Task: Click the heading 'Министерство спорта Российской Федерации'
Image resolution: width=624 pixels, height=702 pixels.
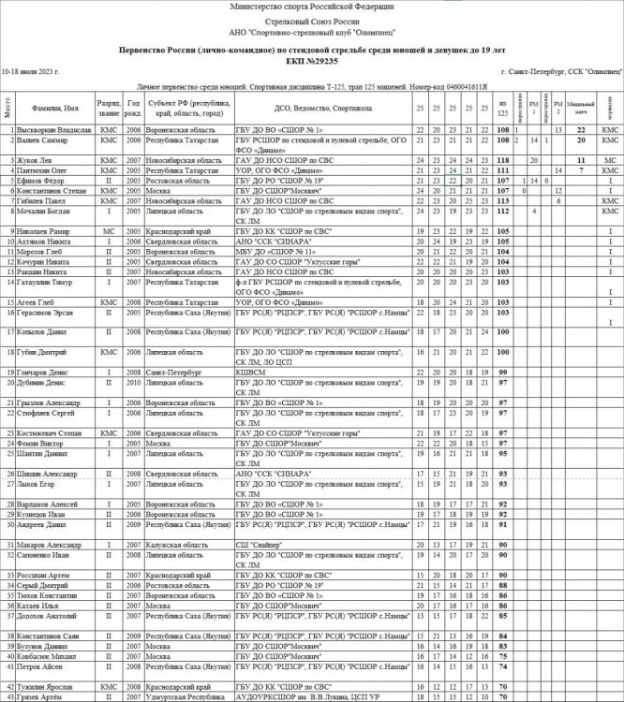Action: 311,7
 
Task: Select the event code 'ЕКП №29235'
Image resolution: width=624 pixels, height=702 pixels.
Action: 311,58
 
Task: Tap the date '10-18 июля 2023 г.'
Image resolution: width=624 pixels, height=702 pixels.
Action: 31,71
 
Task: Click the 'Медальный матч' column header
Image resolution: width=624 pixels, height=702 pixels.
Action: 581,109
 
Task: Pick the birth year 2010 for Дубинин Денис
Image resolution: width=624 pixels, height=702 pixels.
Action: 134,382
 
